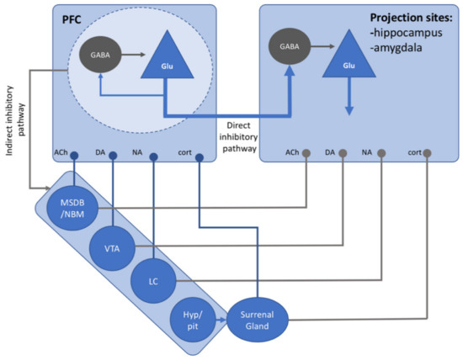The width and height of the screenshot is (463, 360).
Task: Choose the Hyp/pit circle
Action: click(x=192, y=318)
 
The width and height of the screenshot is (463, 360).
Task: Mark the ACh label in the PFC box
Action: click(x=60, y=152)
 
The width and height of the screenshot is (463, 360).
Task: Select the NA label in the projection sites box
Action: click(x=366, y=152)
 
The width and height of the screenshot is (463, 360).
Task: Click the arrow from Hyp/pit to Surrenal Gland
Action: click(x=221, y=319)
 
